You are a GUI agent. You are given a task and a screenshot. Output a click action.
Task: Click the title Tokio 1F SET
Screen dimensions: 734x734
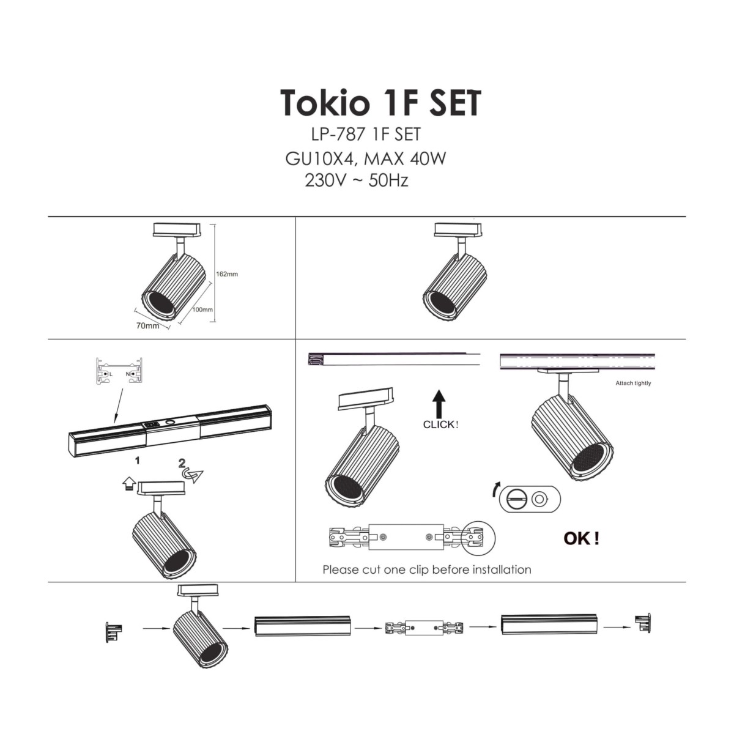[380, 103]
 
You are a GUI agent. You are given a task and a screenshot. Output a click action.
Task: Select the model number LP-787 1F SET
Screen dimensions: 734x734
[366, 134]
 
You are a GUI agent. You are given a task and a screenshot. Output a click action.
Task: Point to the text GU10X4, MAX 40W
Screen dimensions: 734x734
[365, 159]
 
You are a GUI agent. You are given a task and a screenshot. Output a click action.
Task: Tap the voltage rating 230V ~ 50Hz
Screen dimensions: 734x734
[356, 181]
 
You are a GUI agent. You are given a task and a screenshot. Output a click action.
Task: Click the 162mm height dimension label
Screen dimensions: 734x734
[227, 274]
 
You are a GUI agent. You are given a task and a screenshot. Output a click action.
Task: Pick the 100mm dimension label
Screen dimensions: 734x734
[202, 310]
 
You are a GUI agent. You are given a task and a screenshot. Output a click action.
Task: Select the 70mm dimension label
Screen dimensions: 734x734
[147, 326]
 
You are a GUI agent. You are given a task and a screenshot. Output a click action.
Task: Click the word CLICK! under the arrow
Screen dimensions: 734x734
[440, 424]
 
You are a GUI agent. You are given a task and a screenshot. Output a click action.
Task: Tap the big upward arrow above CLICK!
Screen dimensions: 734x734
[439, 404]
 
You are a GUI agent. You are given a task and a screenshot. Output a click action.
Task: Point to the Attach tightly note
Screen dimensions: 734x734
[633, 384]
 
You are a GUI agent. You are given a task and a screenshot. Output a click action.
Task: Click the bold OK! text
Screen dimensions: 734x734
[581, 539]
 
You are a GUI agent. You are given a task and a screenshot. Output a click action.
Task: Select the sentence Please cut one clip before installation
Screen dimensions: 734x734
[426, 569]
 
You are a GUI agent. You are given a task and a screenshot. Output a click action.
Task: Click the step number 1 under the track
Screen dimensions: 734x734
[138, 459]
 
